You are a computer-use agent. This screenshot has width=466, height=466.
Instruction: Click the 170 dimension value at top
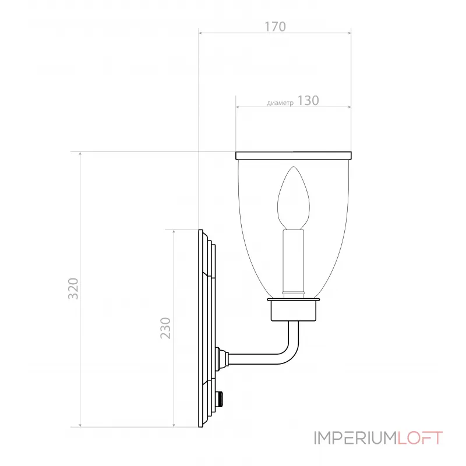274,27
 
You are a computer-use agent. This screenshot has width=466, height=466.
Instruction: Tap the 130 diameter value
308,100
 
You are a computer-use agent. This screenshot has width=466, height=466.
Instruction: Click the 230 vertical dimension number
167,328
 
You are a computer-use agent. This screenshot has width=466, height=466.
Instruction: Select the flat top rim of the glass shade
294,156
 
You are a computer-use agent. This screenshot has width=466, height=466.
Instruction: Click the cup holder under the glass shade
294,310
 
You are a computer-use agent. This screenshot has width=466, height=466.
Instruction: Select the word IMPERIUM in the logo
356,437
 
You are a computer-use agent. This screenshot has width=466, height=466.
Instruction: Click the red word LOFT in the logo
421,437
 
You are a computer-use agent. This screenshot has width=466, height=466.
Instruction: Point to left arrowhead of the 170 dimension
201,33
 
